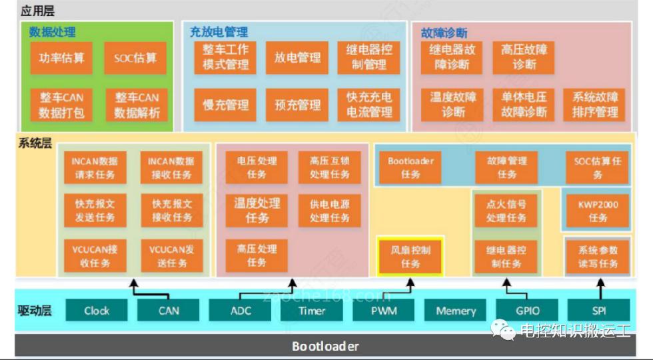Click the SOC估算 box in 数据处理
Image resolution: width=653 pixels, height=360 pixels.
pos(135,58)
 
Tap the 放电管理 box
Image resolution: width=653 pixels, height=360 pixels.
pos(297,58)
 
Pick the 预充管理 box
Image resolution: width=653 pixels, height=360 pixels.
pos(297,105)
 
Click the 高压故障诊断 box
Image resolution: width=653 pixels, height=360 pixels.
pos(524,57)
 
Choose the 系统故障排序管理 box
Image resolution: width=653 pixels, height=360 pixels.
pos(595,105)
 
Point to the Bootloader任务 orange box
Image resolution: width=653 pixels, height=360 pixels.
pos(410,167)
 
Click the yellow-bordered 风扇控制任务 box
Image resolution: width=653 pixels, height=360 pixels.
pos(410,257)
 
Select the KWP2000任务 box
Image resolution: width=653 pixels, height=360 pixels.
pos(598,211)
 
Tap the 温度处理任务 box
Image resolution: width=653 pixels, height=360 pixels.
pos(257,209)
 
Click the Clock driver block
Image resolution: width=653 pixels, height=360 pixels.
pos(97,311)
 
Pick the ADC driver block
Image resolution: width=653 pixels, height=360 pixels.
pos(241,311)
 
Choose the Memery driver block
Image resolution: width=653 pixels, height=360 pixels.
pos(456,311)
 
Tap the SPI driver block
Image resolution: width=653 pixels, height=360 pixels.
pos(598,311)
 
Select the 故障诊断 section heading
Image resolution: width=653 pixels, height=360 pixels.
pos(444,33)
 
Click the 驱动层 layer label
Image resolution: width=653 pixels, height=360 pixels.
pos(35,310)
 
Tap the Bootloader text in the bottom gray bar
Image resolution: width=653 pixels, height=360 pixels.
pos(325,346)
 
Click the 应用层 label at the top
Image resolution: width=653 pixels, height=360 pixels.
pos(37,10)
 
